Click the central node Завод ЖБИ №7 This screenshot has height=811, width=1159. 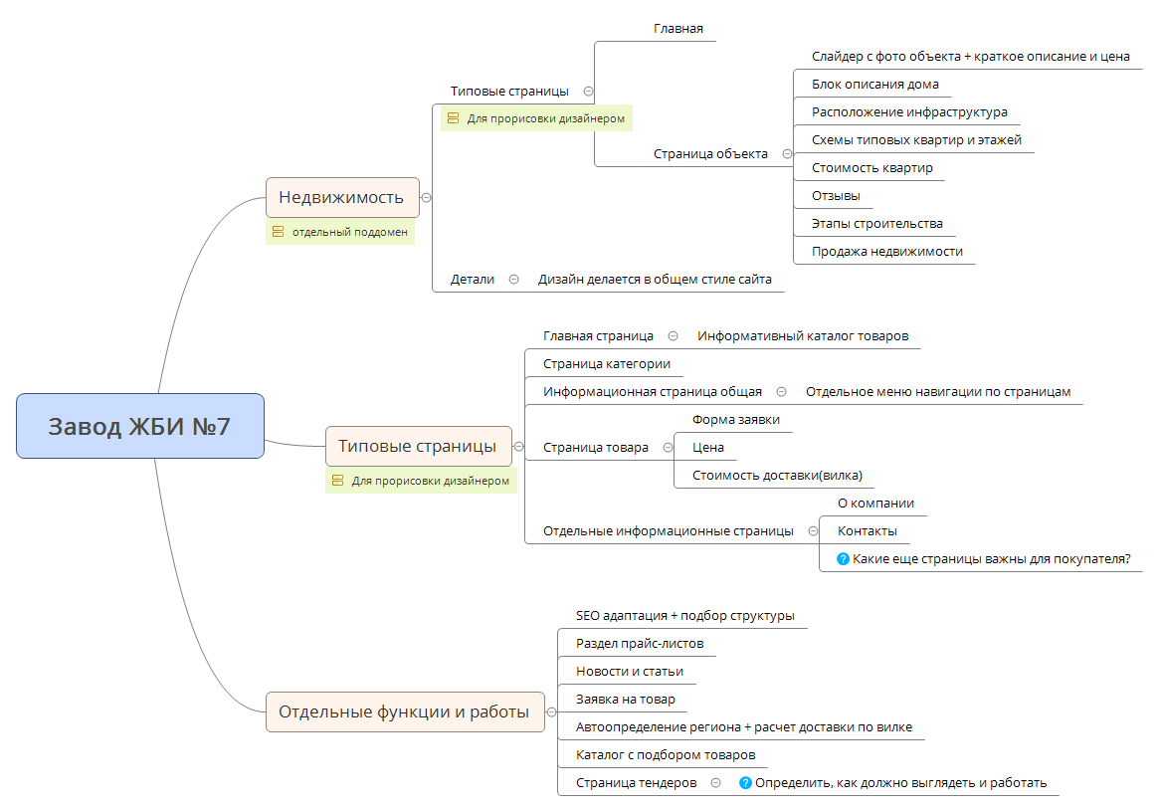click(140, 426)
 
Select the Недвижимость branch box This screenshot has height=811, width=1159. click(341, 197)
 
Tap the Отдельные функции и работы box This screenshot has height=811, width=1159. click(404, 711)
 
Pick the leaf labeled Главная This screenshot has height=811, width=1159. click(677, 29)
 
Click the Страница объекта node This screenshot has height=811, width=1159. click(710, 153)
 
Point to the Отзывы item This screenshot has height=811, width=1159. click(836, 196)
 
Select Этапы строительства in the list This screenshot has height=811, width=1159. click(876, 224)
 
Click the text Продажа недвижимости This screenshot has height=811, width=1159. click(886, 252)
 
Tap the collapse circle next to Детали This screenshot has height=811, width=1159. click(513, 280)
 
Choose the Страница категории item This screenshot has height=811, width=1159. click(606, 364)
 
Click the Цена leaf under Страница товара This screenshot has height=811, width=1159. click(707, 448)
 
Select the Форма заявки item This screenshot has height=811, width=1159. click(735, 420)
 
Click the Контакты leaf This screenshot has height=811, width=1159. click(867, 531)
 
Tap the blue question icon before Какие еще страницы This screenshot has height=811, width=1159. click(843, 559)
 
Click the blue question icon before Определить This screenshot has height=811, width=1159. click(745, 783)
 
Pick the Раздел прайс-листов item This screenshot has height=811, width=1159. click(639, 644)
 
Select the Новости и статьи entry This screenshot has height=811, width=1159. click(629, 672)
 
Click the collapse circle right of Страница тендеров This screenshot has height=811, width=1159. click(715, 783)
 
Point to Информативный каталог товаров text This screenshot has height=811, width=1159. click(802, 336)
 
